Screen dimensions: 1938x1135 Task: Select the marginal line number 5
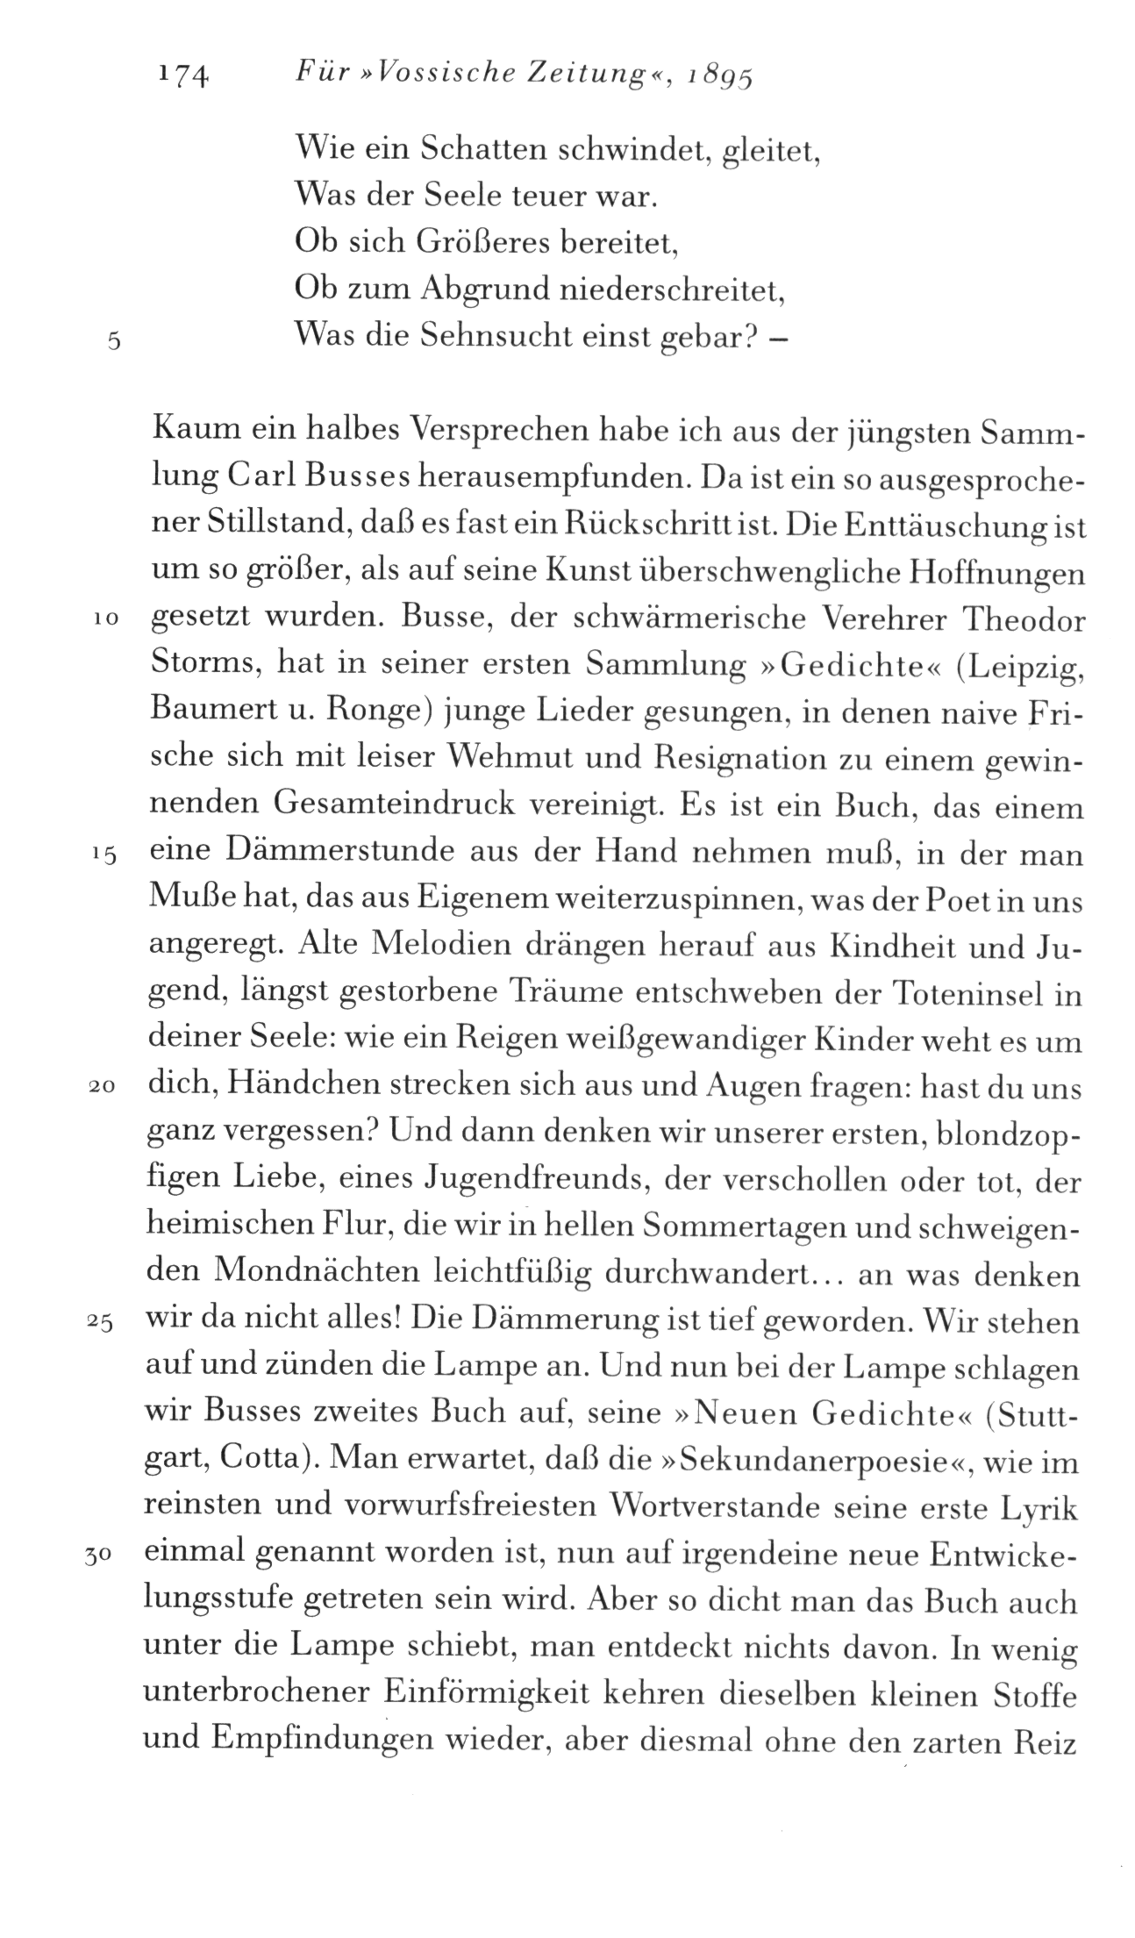point(111,342)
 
